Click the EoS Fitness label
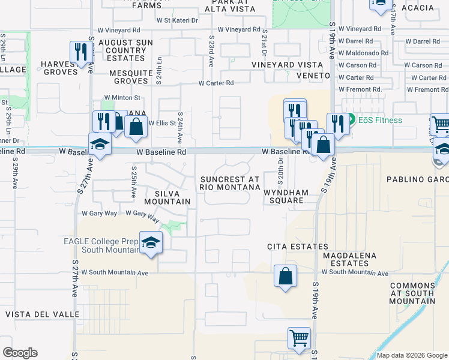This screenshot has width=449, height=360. pos(378,120)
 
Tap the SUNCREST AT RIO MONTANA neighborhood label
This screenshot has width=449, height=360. pos(229,183)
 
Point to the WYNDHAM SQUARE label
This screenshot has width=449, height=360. pos(286,196)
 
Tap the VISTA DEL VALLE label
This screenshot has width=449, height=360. pos(42,314)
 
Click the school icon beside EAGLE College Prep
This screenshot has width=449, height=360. pos(151,242)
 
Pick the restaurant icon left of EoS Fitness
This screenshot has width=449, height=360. pos(338,124)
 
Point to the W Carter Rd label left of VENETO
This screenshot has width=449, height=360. pos(216,83)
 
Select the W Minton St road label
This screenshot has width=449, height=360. pos(122,97)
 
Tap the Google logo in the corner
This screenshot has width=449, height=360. pos(20,353)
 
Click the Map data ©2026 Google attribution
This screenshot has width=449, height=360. pos(412,355)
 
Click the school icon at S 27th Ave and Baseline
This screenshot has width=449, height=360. pos(100,144)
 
